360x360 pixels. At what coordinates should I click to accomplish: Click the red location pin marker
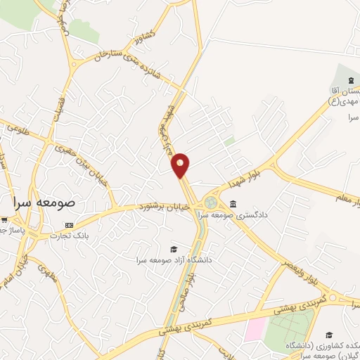coord(181,166)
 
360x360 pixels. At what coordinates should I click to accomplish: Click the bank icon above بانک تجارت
coord(69,226)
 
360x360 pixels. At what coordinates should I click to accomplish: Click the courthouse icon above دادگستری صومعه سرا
coord(233,205)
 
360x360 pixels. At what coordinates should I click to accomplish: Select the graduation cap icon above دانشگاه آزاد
coord(173,249)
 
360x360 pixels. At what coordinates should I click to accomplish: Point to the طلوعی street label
coord(23,131)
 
